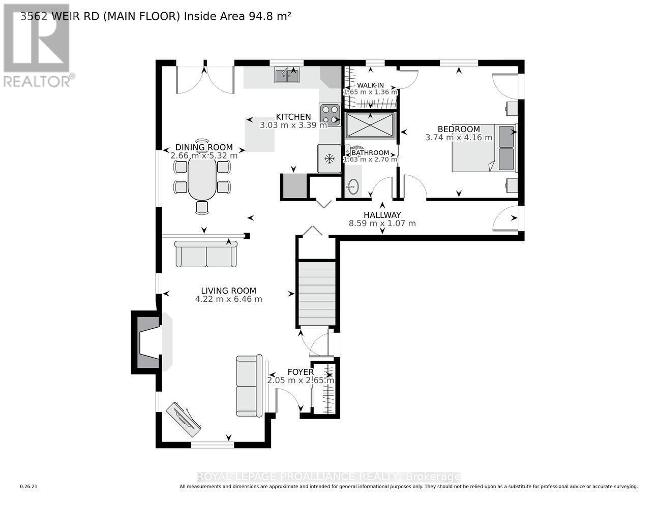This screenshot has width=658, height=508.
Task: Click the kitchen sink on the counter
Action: (287, 75)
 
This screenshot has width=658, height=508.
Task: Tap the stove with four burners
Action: (330, 114)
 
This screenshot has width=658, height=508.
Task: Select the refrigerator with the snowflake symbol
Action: (330, 159)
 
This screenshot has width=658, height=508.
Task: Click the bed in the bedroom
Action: (484, 147)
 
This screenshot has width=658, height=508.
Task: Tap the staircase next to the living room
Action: (317, 293)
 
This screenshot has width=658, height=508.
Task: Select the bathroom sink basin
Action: (352, 187)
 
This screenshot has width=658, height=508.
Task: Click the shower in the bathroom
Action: (370, 125)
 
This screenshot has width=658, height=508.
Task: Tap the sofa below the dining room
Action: (206, 254)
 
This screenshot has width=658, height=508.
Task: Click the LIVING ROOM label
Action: (228, 291)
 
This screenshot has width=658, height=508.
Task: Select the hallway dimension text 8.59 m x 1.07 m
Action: (382, 223)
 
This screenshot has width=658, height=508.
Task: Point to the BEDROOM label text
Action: (459, 129)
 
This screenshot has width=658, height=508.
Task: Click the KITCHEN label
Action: (293, 117)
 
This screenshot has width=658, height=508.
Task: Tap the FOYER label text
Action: (301, 372)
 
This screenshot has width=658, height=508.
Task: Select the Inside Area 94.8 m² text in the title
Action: (237, 16)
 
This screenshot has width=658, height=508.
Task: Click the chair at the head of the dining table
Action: (202, 145)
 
